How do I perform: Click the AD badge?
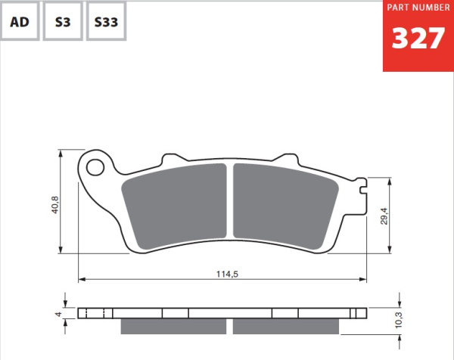pyautogui.click(x=20, y=22)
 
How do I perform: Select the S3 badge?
pyautogui.click(x=63, y=22)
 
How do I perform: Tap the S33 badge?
pyautogui.click(x=106, y=22)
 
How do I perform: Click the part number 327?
pyautogui.click(x=418, y=39)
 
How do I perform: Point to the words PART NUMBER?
pyautogui.click(x=418, y=8)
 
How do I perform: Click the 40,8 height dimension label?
pyautogui.click(x=54, y=205)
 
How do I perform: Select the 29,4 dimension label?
pyautogui.click(x=384, y=216)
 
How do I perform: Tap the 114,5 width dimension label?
pyautogui.click(x=227, y=274)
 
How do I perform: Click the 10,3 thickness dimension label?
pyautogui.click(x=399, y=319)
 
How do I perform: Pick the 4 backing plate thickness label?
pyautogui.click(x=58, y=314)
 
